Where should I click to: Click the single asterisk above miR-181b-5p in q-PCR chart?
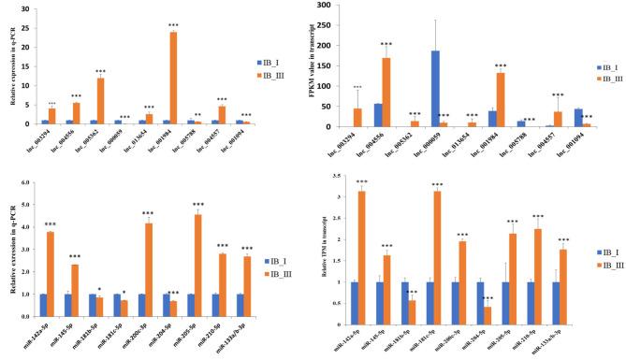pyautogui.click(x=99, y=289)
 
